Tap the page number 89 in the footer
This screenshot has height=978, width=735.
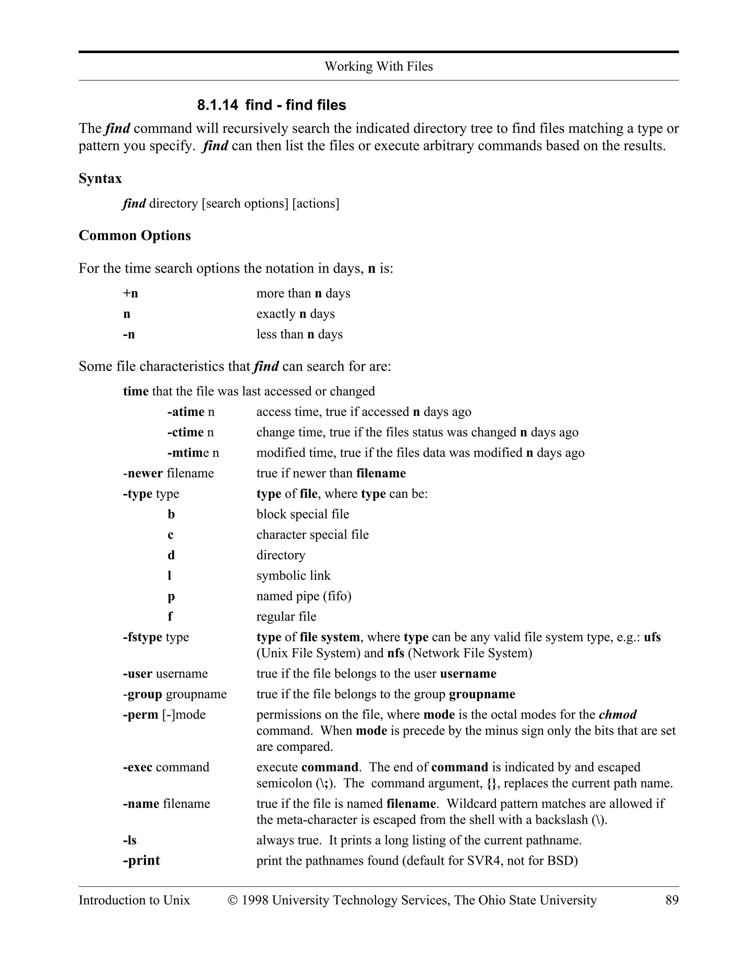coord(671,900)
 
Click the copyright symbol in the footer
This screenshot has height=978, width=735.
coord(233,900)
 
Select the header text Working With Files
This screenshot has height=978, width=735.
coord(379,66)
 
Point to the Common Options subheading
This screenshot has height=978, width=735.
coord(135,235)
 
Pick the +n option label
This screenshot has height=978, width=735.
coord(131,293)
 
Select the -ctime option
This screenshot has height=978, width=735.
coord(185,432)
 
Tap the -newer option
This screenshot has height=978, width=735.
coord(143,474)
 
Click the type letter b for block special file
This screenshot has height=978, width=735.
coord(171,514)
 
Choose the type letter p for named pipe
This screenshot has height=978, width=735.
coord(171,596)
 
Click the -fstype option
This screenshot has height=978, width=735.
coord(142,637)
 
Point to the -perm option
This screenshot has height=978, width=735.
coord(141,715)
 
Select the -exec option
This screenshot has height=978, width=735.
coord(137,767)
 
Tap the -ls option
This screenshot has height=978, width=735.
coord(130,840)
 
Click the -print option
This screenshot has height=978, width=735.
coord(141,860)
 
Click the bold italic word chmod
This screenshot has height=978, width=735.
coord(617,715)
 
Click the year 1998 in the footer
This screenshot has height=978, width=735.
coord(255,900)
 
